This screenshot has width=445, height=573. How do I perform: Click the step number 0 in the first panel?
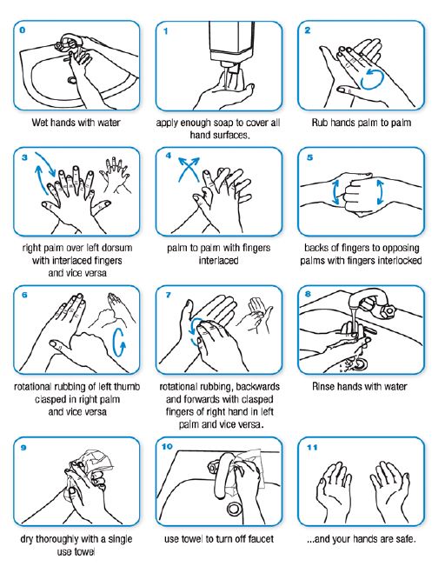(23, 30)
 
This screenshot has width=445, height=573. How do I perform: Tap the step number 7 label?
(168, 295)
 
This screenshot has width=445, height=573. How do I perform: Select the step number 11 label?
(312, 447)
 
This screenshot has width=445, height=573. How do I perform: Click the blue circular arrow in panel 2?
(372, 78)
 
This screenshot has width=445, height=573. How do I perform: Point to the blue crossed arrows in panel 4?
(189, 169)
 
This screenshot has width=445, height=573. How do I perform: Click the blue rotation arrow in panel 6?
(119, 342)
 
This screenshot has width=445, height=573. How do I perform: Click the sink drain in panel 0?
(71, 79)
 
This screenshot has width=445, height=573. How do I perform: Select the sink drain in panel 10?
(233, 509)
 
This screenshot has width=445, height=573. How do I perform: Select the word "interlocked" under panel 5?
(400, 261)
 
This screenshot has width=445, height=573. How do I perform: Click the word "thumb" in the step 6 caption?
(127, 387)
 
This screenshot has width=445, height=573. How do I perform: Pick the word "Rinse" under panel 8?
(323, 387)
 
